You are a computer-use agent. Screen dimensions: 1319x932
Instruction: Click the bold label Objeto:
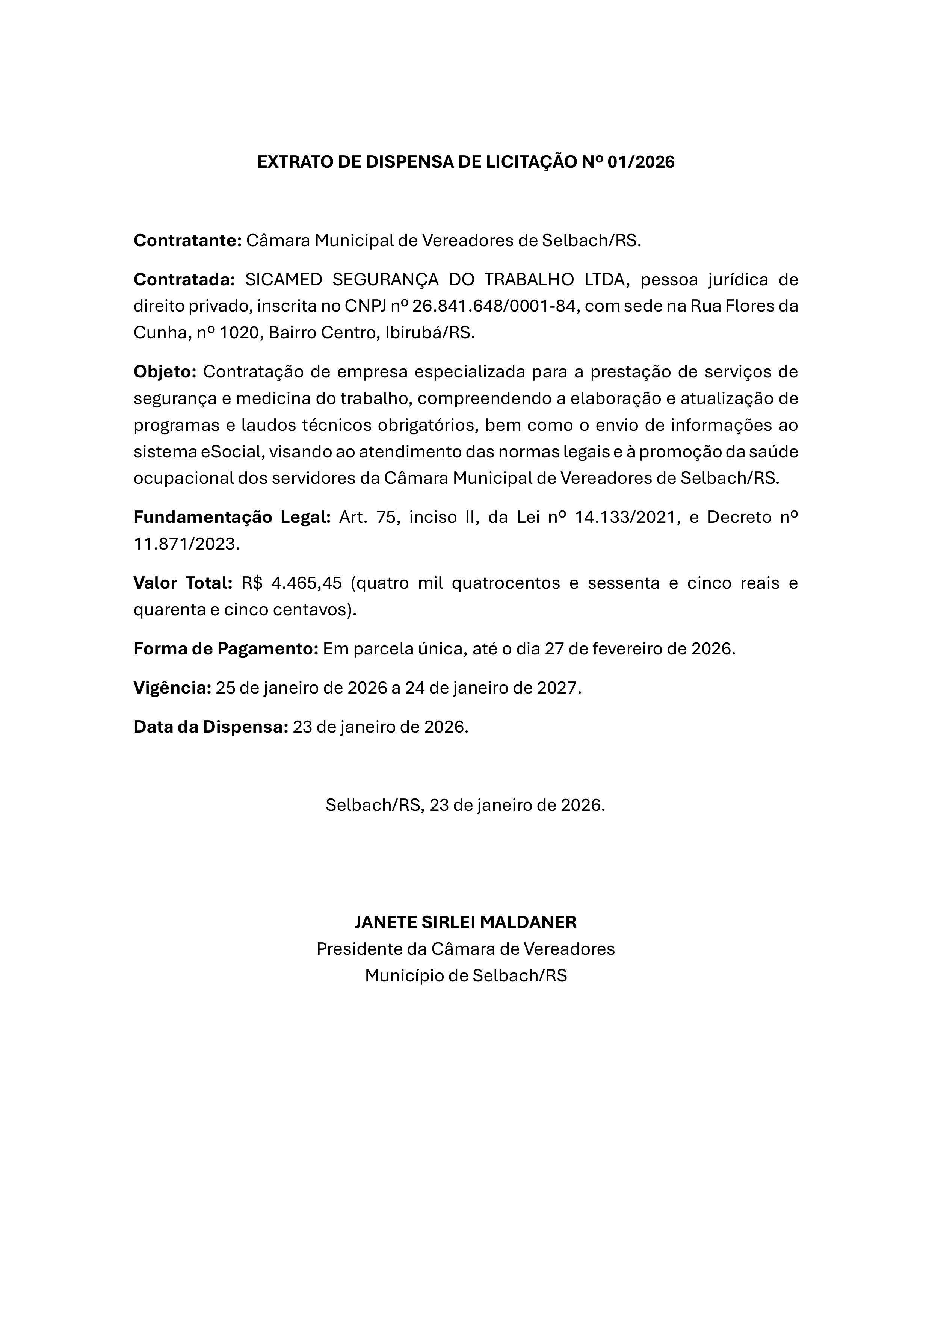coord(165,372)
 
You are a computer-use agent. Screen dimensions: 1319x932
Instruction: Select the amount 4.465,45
coord(306,583)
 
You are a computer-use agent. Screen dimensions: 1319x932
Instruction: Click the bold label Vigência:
coord(173,688)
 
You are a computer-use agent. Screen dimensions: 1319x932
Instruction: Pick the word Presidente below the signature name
coord(360,949)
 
